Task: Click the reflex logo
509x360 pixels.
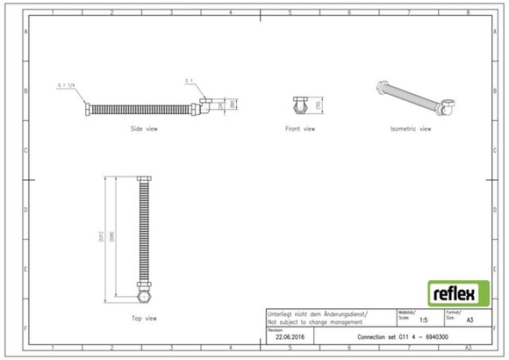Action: click(x=457, y=293)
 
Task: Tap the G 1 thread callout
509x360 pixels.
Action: click(x=188, y=81)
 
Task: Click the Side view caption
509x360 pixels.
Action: click(x=144, y=128)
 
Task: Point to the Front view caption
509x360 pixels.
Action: click(x=300, y=128)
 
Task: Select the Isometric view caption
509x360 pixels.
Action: click(x=411, y=128)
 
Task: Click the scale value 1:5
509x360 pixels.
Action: click(x=424, y=321)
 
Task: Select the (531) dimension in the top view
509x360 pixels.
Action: click(x=104, y=235)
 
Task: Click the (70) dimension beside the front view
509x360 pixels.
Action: click(x=318, y=104)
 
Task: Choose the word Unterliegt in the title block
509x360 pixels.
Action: click(x=284, y=313)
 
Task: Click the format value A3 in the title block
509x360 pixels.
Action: click(x=471, y=321)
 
